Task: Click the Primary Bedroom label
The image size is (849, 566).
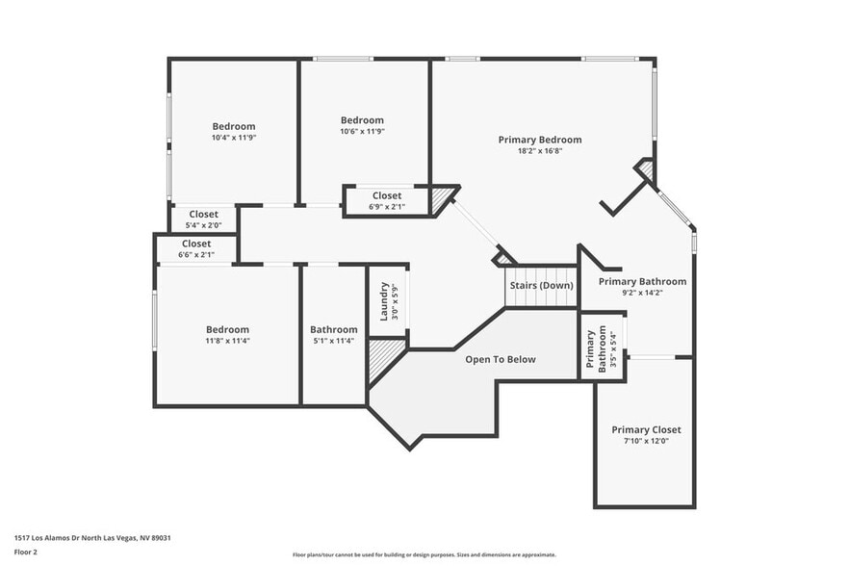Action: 539,140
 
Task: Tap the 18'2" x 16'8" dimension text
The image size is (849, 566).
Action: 539,151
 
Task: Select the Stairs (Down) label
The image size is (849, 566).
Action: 542,285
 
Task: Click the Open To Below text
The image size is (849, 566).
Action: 501,359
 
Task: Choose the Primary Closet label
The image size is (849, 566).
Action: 646,429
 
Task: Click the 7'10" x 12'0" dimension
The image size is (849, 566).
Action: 646,441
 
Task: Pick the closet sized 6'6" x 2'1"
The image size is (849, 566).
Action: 196,249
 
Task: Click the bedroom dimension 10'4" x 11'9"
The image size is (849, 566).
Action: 234,138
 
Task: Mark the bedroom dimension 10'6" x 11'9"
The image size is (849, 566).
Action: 362,132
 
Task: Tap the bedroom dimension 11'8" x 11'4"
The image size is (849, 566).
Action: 227,341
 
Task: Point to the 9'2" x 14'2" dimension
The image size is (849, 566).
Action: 642,294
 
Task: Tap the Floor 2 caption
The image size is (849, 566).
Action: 26,552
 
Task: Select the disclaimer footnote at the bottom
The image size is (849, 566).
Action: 424,554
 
